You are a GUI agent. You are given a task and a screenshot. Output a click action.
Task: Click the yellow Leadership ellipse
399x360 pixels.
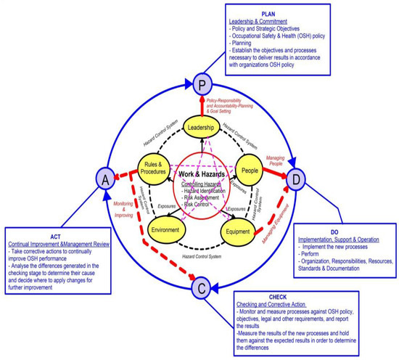(x=202, y=128)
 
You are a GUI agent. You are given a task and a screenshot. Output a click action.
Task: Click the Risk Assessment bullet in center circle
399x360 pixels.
(x=202, y=197)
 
